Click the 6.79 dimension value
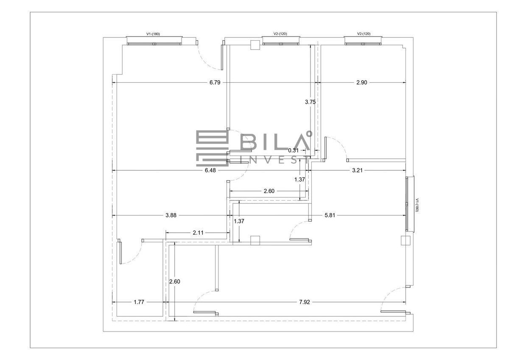point(215,82)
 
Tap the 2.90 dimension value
point(361,82)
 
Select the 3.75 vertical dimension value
point(310,102)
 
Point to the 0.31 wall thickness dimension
point(294,150)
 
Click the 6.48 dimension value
point(210,170)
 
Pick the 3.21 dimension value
point(357,170)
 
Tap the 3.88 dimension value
point(171,215)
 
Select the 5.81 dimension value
point(330,215)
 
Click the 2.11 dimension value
point(198,233)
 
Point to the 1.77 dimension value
point(139,302)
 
